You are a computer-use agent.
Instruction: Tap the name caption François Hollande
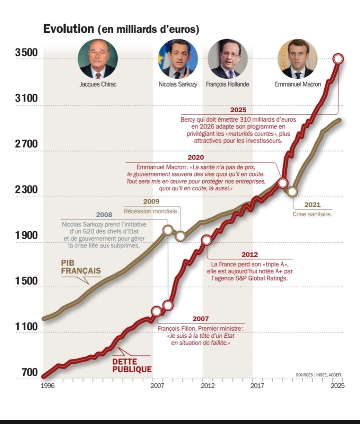tap(228, 84)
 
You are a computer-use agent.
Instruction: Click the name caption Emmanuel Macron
tap(298, 84)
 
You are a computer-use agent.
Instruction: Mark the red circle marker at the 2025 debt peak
tap(338, 58)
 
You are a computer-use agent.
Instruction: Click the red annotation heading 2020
tap(196, 157)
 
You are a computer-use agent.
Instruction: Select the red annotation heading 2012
tap(249, 254)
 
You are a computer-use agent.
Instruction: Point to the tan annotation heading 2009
tap(151, 202)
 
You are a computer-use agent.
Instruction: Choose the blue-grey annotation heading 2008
tap(104, 215)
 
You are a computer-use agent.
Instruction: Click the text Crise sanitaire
tap(312, 214)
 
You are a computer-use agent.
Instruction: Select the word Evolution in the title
tap(69, 29)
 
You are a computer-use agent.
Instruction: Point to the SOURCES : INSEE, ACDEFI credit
tap(319, 375)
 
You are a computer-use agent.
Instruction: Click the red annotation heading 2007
tap(201, 319)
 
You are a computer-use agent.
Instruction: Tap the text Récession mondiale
tap(151, 211)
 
